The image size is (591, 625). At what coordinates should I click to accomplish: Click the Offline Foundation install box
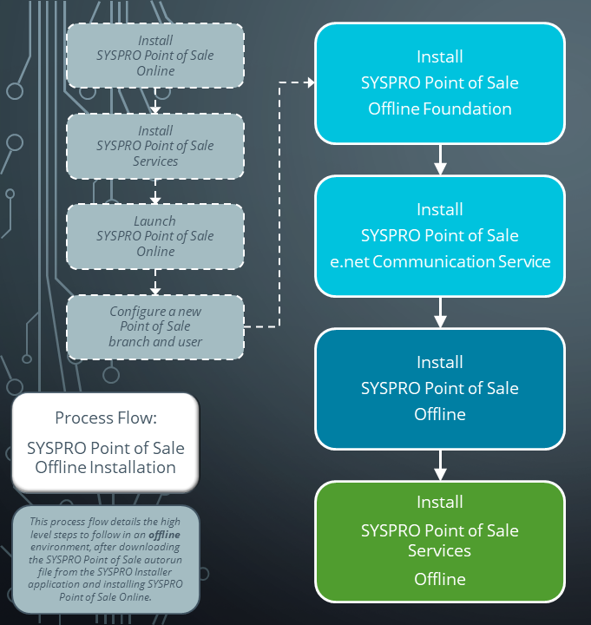click(440, 83)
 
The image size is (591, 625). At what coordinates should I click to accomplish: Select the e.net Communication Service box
click(440, 235)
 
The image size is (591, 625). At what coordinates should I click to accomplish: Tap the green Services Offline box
click(440, 541)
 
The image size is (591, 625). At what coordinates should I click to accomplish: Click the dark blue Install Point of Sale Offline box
click(440, 388)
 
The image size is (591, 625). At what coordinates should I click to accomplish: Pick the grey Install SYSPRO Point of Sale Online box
click(155, 56)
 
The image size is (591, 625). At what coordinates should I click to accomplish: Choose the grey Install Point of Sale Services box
click(155, 146)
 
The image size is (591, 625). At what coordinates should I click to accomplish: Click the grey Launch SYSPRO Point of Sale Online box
click(155, 236)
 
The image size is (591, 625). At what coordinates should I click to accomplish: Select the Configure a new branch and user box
click(155, 326)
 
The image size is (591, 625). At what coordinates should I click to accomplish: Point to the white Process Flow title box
click(105, 442)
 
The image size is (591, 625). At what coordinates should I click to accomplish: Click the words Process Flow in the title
click(105, 418)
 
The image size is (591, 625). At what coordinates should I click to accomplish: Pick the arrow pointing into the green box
click(440, 465)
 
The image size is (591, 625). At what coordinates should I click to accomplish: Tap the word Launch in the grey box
click(154, 221)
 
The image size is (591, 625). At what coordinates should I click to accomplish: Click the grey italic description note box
click(105, 560)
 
